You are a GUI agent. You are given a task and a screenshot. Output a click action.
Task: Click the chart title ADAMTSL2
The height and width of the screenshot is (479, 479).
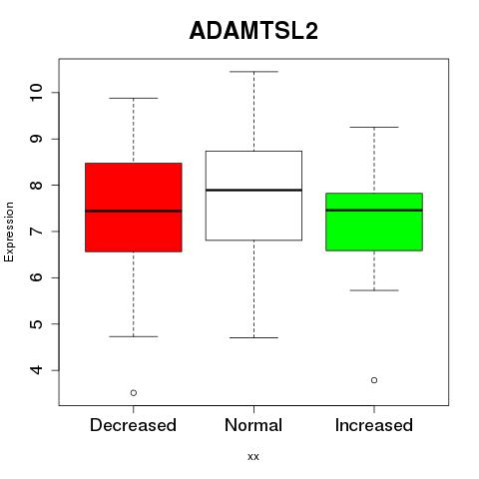[253, 31]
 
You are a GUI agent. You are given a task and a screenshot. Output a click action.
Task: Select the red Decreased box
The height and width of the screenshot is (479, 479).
[134, 208]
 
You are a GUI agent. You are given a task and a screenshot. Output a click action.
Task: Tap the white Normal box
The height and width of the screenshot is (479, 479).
[253, 196]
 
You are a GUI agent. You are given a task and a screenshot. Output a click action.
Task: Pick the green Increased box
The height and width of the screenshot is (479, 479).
[374, 222]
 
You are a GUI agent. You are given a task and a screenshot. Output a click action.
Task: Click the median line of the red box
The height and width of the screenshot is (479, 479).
[134, 211]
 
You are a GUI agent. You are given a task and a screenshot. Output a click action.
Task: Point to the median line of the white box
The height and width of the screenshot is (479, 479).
[253, 190]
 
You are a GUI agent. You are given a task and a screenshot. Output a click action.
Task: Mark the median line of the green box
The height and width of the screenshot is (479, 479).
[374, 210]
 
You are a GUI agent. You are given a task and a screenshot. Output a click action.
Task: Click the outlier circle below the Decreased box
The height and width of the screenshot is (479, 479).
[134, 393]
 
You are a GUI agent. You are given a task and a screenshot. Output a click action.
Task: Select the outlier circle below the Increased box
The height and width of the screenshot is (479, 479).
[374, 380]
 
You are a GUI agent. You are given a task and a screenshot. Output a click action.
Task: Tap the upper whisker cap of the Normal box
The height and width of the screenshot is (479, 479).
[253, 72]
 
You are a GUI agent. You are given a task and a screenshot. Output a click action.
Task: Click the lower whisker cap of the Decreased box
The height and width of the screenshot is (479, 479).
[134, 336]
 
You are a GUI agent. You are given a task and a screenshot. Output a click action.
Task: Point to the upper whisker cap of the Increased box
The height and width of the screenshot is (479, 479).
[374, 127]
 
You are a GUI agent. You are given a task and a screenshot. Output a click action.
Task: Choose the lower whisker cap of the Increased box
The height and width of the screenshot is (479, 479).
[374, 290]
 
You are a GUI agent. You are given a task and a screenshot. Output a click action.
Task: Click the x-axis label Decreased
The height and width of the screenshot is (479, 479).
[133, 425]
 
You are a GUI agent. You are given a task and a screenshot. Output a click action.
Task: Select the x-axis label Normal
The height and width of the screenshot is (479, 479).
[253, 425]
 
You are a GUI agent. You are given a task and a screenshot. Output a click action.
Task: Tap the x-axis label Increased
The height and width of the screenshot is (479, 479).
[374, 425]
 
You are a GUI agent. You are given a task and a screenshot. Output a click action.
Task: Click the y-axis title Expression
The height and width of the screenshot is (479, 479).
[9, 232]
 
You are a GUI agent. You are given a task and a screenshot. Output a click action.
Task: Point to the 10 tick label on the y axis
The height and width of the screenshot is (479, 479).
[36, 92]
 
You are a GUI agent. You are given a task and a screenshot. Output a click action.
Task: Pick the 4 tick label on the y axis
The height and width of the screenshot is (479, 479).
[36, 370]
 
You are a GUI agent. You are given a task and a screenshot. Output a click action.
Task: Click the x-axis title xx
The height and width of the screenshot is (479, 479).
[253, 457]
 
